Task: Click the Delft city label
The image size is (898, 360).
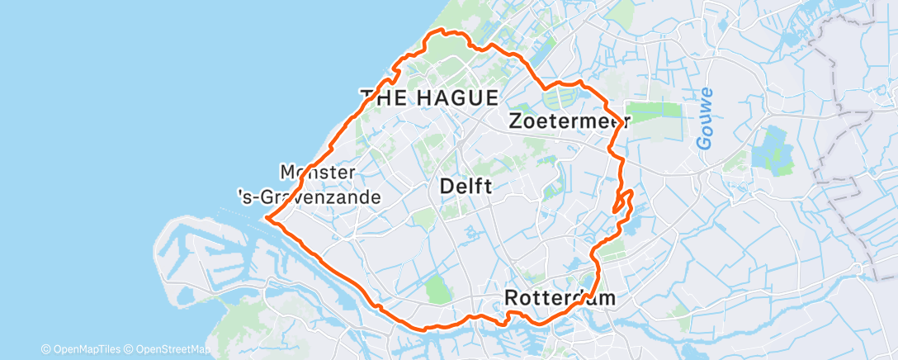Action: point(466,187)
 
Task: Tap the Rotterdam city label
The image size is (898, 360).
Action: point(560,297)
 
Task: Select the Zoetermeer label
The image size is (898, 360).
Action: point(570,121)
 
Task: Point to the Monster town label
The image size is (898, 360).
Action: point(318,173)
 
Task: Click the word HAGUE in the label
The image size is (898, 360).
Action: point(455,97)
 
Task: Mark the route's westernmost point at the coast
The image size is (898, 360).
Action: point(267,219)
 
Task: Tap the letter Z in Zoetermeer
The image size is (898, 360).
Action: point(517,121)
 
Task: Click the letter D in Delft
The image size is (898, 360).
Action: point(447,187)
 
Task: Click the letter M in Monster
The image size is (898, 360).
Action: point(289,173)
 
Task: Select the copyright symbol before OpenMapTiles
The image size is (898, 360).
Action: point(46,349)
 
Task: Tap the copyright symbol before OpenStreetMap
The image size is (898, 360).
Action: point(129,349)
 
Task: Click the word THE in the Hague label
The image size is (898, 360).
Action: point(382,97)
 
